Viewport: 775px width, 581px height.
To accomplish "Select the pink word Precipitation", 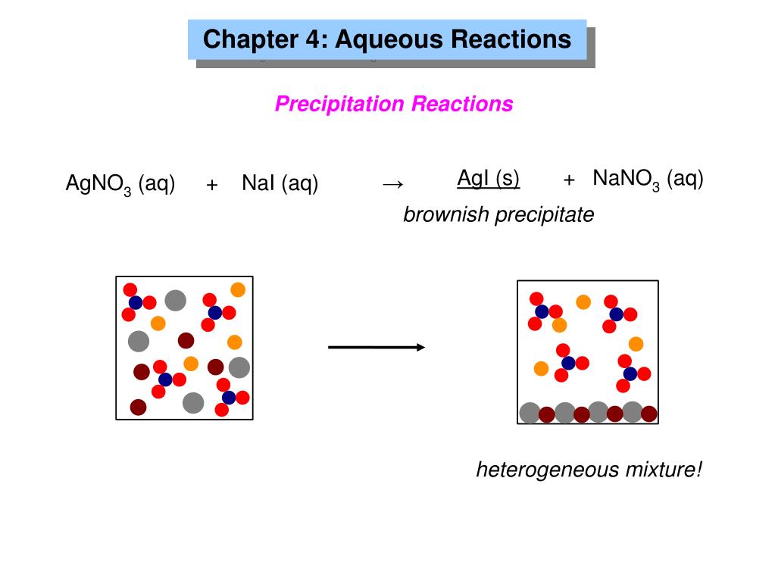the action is [x=340, y=104].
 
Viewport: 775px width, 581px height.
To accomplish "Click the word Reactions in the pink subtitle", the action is [x=462, y=104].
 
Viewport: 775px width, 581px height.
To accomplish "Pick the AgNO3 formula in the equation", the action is [x=98, y=184].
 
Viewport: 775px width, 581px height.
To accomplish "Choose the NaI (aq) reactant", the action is [x=280, y=183].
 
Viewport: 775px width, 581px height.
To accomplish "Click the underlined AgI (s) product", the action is [x=489, y=179].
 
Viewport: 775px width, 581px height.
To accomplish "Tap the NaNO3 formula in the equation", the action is [x=627, y=180].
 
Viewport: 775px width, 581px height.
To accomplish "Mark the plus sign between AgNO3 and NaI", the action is [x=212, y=185].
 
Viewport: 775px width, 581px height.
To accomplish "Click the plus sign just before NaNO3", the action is [x=570, y=180].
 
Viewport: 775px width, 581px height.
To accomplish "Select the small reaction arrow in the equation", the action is [x=392, y=184].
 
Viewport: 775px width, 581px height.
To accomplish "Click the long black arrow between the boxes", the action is [x=376, y=347].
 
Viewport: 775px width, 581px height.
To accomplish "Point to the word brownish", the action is [x=446, y=215].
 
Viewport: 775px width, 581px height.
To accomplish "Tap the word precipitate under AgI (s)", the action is [x=545, y=215].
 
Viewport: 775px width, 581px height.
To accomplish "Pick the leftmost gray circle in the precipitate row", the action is [x=530, y=413].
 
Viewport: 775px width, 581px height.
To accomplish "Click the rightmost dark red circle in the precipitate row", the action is [x=649, y=414].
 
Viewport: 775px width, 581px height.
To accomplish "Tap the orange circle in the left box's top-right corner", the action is [x=238, y=289].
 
